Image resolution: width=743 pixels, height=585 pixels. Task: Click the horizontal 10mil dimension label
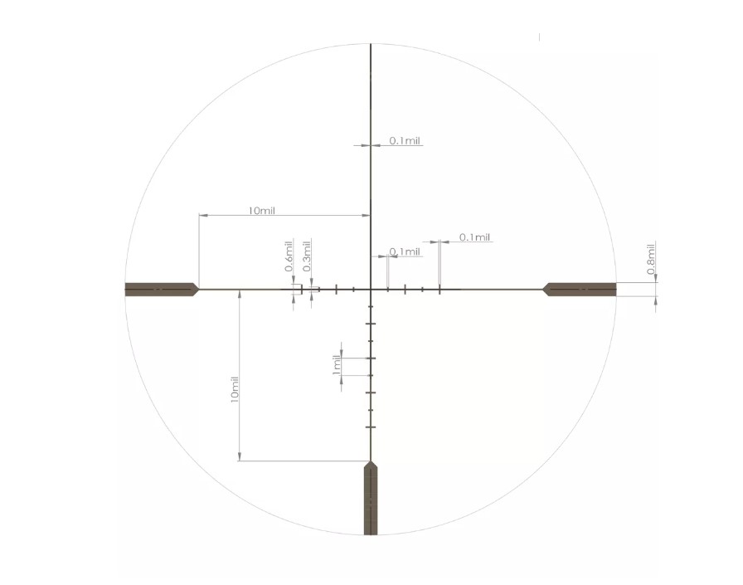tap(261, 211)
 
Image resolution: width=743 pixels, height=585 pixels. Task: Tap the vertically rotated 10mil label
tap(234, 389)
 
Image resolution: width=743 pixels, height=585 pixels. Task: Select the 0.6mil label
tap(289, 256)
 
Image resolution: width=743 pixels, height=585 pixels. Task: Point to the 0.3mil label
tap(307, 256)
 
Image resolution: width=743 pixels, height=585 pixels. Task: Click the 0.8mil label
tap(651, 259)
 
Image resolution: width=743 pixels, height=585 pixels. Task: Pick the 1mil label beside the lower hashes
tap(337, 364)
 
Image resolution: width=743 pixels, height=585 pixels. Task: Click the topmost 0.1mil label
tap(405, 140)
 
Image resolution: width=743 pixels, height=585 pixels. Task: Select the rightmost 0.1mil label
tap(475, 237)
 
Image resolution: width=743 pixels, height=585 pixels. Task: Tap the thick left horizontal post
tap(162, 290)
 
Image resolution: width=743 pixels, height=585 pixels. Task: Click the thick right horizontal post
tap(580, 290)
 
